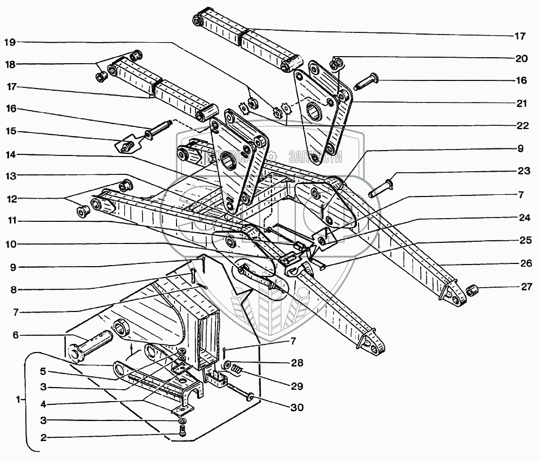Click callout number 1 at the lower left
(x=19, y=400)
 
